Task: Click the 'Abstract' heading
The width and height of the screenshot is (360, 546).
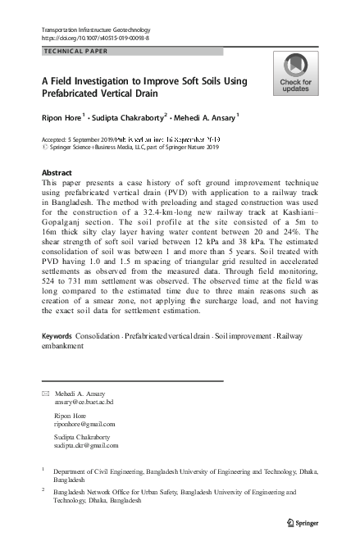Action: coord(56,173)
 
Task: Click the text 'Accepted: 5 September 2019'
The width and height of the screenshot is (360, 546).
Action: coord(72,140)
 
